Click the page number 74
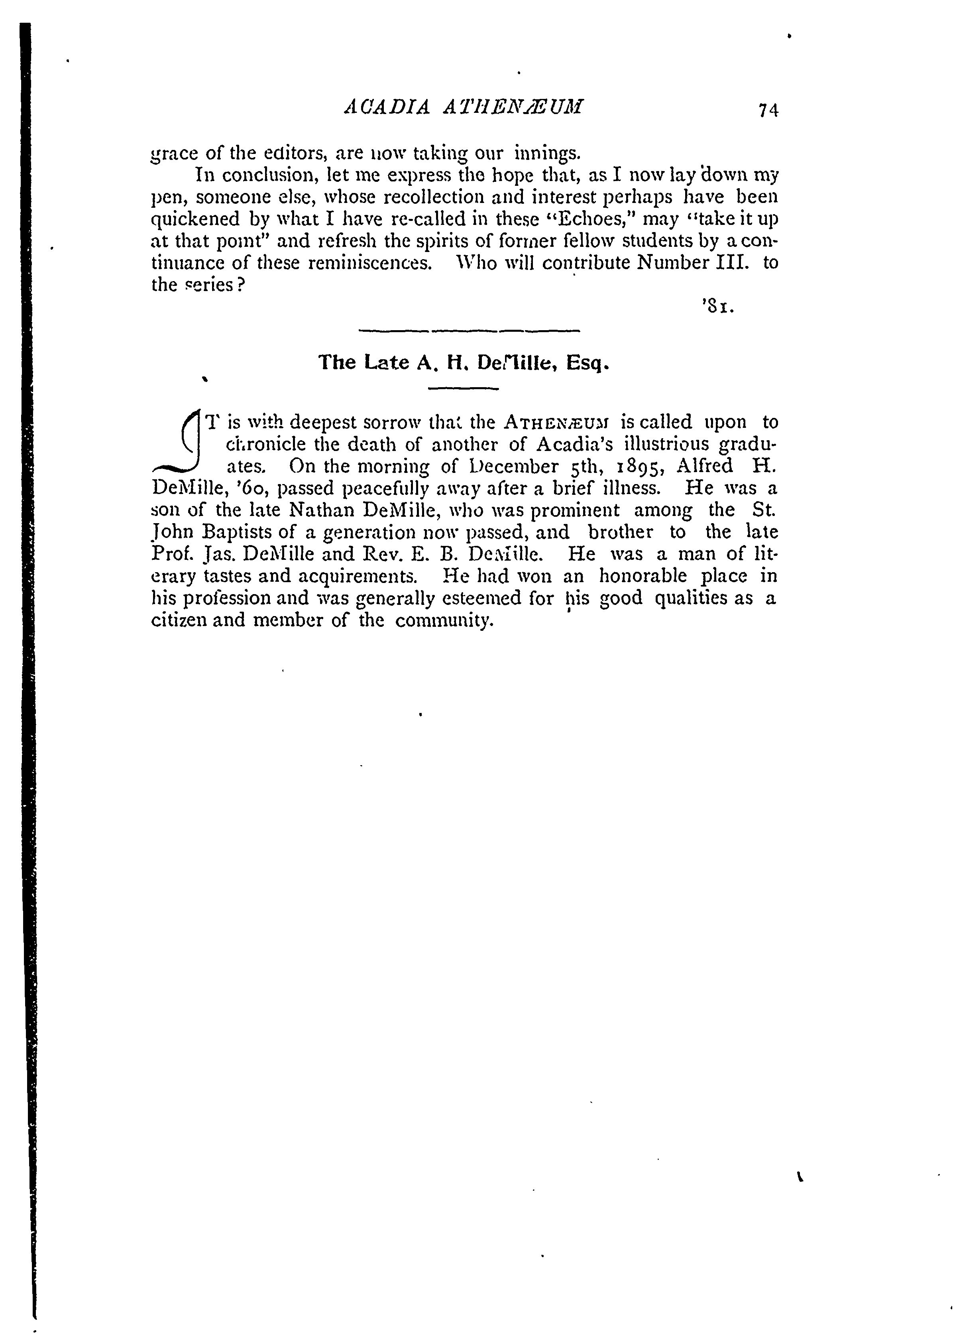[x=768, y=110]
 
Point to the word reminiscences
[x=369, y=262]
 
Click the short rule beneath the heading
[x=464, y=388]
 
